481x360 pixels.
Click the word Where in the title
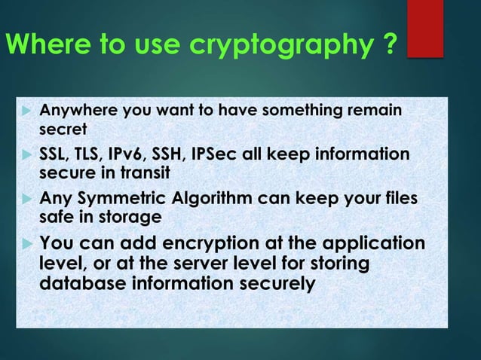[x=35, y=44]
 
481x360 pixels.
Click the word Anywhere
[x=72, y=112]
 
